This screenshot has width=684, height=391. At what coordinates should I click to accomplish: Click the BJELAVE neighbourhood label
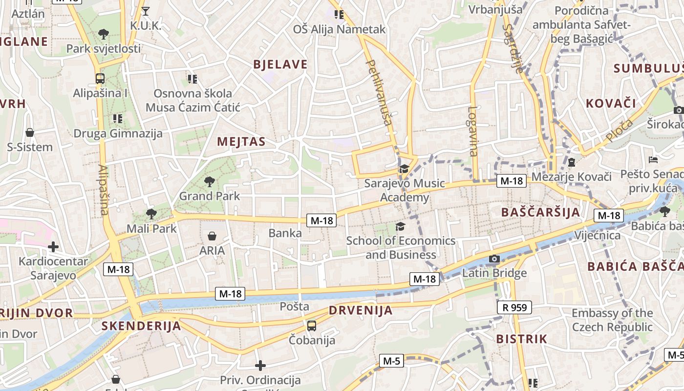pos(280,65)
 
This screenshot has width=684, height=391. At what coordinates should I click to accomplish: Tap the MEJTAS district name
pos(241,142)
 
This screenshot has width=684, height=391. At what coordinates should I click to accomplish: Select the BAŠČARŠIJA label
pos(541,212)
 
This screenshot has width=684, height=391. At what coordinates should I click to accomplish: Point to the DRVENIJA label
pos(361,310)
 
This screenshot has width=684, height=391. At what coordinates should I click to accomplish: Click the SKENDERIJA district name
pos(141,326)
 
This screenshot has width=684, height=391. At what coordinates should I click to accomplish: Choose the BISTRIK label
pos(521,339)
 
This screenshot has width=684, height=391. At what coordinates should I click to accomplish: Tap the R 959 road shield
pos(514,307)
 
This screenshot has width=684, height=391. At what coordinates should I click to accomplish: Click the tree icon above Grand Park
pos(210,182)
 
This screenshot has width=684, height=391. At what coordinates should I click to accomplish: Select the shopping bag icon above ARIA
pos(212,237)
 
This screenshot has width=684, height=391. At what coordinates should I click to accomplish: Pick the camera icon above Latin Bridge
pos(494,259)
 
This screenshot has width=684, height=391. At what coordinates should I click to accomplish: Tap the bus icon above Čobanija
pos(312,326)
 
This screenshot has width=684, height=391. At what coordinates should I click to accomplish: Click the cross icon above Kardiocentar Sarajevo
pos(53,247)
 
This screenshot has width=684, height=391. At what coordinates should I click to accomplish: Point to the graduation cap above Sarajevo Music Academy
pos(404,169)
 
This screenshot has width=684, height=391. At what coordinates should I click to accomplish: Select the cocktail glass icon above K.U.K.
pos(145,11)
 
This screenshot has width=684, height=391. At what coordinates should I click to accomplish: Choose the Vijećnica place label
pos(598,236)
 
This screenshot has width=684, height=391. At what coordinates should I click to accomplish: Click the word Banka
pos(285,233)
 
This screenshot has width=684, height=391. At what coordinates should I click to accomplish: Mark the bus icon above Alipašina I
pos(100,78)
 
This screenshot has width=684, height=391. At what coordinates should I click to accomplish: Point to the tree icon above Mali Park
pos(151,214)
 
